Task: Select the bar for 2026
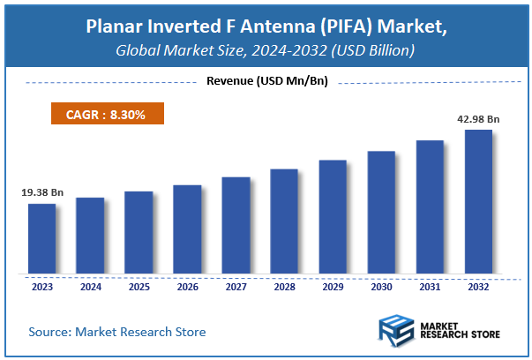[187, 229]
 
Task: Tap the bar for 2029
[333, 217]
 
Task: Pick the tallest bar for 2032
[478, 202]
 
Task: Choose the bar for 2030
[381, 213]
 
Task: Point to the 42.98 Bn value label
[477, 118]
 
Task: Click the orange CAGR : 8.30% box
[105, 114]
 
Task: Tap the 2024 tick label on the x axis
[90, 286]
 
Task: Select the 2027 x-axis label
[236, 286]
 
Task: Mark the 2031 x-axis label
[430, 286]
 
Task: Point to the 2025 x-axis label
[139, 286]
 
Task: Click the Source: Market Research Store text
[117, 332]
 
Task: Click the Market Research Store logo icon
[397, 332]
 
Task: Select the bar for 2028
[284, 221]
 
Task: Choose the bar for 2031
[430, 207]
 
